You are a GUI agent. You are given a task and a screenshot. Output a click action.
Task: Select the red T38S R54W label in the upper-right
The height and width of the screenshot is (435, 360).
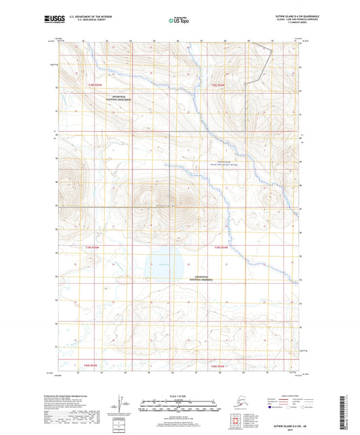[x=219, y=85]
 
